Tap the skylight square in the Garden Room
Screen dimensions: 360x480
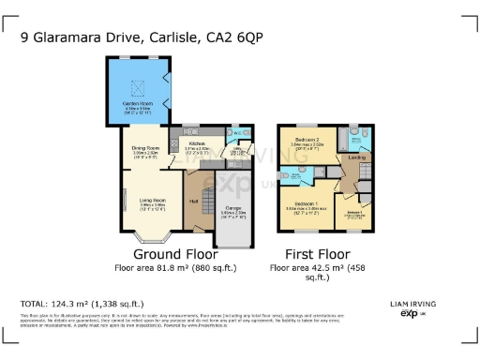point(139,87)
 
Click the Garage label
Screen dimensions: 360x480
point(232,212)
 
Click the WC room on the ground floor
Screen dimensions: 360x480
point(238,132)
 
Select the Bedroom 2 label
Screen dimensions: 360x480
point(307,140)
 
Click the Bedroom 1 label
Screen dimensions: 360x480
point(306,203)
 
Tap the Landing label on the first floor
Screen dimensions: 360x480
point(357,157)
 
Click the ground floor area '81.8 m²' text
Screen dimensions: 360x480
point(175,267)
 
